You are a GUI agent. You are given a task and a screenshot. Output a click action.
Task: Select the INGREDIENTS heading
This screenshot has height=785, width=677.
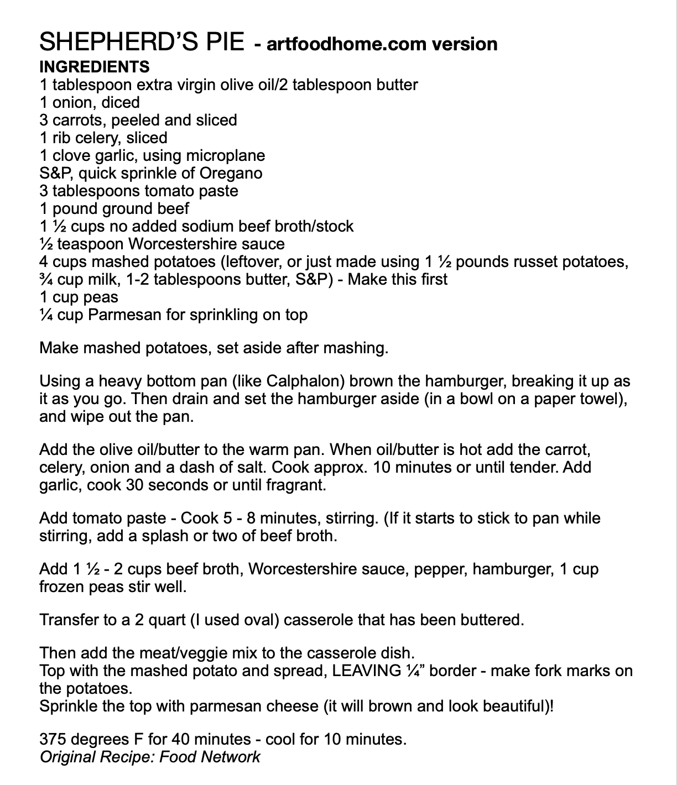click(95, 67)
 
